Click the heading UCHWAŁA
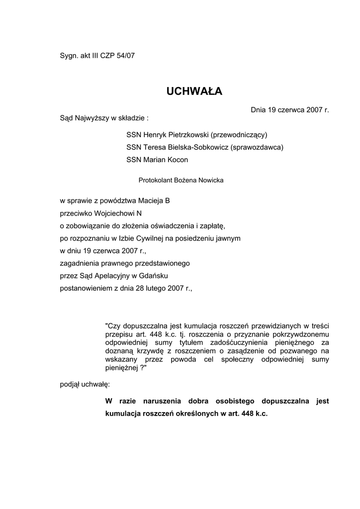tap(194, 91)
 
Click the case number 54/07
tap(125, 56)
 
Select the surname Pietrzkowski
tap(183, 135)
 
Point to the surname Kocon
tap(178, 160)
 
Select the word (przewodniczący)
tap(239, 135)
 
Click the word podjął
tap(71, 384)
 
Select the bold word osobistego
tap(224, 401)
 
